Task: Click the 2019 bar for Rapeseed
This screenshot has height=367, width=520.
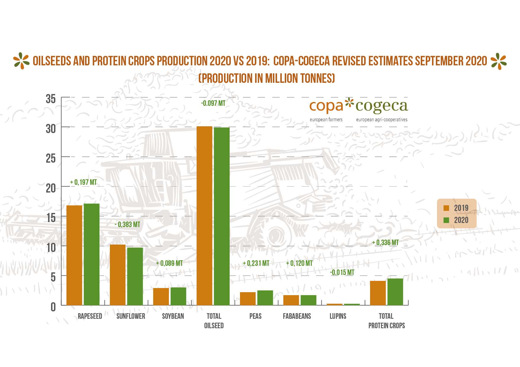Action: coord(74,255)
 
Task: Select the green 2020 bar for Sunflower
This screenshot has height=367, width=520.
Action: coord(135,276)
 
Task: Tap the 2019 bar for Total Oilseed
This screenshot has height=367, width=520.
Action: coord(204,216)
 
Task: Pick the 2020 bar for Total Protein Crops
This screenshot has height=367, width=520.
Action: coord(395,292)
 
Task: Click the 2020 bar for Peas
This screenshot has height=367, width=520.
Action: coord(265,298)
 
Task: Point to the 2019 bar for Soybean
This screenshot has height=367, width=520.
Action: coord(161,297)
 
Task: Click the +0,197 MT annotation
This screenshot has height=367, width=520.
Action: coord(84,182)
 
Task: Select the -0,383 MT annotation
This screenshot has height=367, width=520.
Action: coord(127,224)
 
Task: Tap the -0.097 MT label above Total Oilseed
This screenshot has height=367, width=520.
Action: coord(213,103)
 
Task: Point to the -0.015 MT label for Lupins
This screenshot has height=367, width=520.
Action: coord(342,272)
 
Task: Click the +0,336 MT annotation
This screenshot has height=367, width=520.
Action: coord(385,242)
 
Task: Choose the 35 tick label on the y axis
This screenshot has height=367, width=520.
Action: coord(51,99)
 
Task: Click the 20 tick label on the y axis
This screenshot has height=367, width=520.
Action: coord(51,188)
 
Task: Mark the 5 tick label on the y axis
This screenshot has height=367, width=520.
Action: coord(53,277)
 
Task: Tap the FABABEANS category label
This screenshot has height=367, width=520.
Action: coord(297,316)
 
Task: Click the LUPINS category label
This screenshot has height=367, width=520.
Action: coord(338,316)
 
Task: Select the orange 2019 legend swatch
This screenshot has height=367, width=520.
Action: coord(446,208)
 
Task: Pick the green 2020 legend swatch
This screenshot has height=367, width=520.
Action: coord(446,220)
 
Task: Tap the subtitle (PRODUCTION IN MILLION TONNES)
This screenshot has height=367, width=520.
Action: coord(267,78)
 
